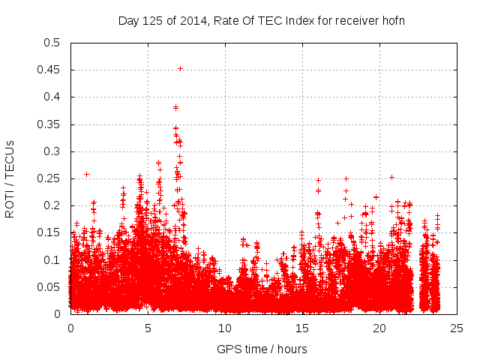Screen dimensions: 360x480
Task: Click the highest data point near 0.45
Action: point(180,68)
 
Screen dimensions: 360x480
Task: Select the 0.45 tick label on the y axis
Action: point(49,70)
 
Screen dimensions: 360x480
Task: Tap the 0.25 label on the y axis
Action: point(49,178)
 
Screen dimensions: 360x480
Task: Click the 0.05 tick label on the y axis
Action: point(49,287)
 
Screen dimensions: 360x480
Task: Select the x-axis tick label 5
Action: point(148,328)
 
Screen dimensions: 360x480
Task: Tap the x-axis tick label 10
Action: point(225,328)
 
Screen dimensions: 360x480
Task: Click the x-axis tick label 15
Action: point(302,328)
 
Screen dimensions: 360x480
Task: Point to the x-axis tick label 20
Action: point(379,328)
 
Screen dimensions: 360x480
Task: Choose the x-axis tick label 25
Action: point(457,328)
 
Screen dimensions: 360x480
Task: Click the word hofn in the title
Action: point(393,20)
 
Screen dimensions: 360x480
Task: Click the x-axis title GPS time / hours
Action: point(262,349)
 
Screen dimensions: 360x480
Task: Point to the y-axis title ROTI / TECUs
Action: point(10,178)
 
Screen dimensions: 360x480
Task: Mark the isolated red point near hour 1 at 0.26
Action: point(86,174)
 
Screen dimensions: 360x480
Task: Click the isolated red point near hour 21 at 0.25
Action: point(391,177)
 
